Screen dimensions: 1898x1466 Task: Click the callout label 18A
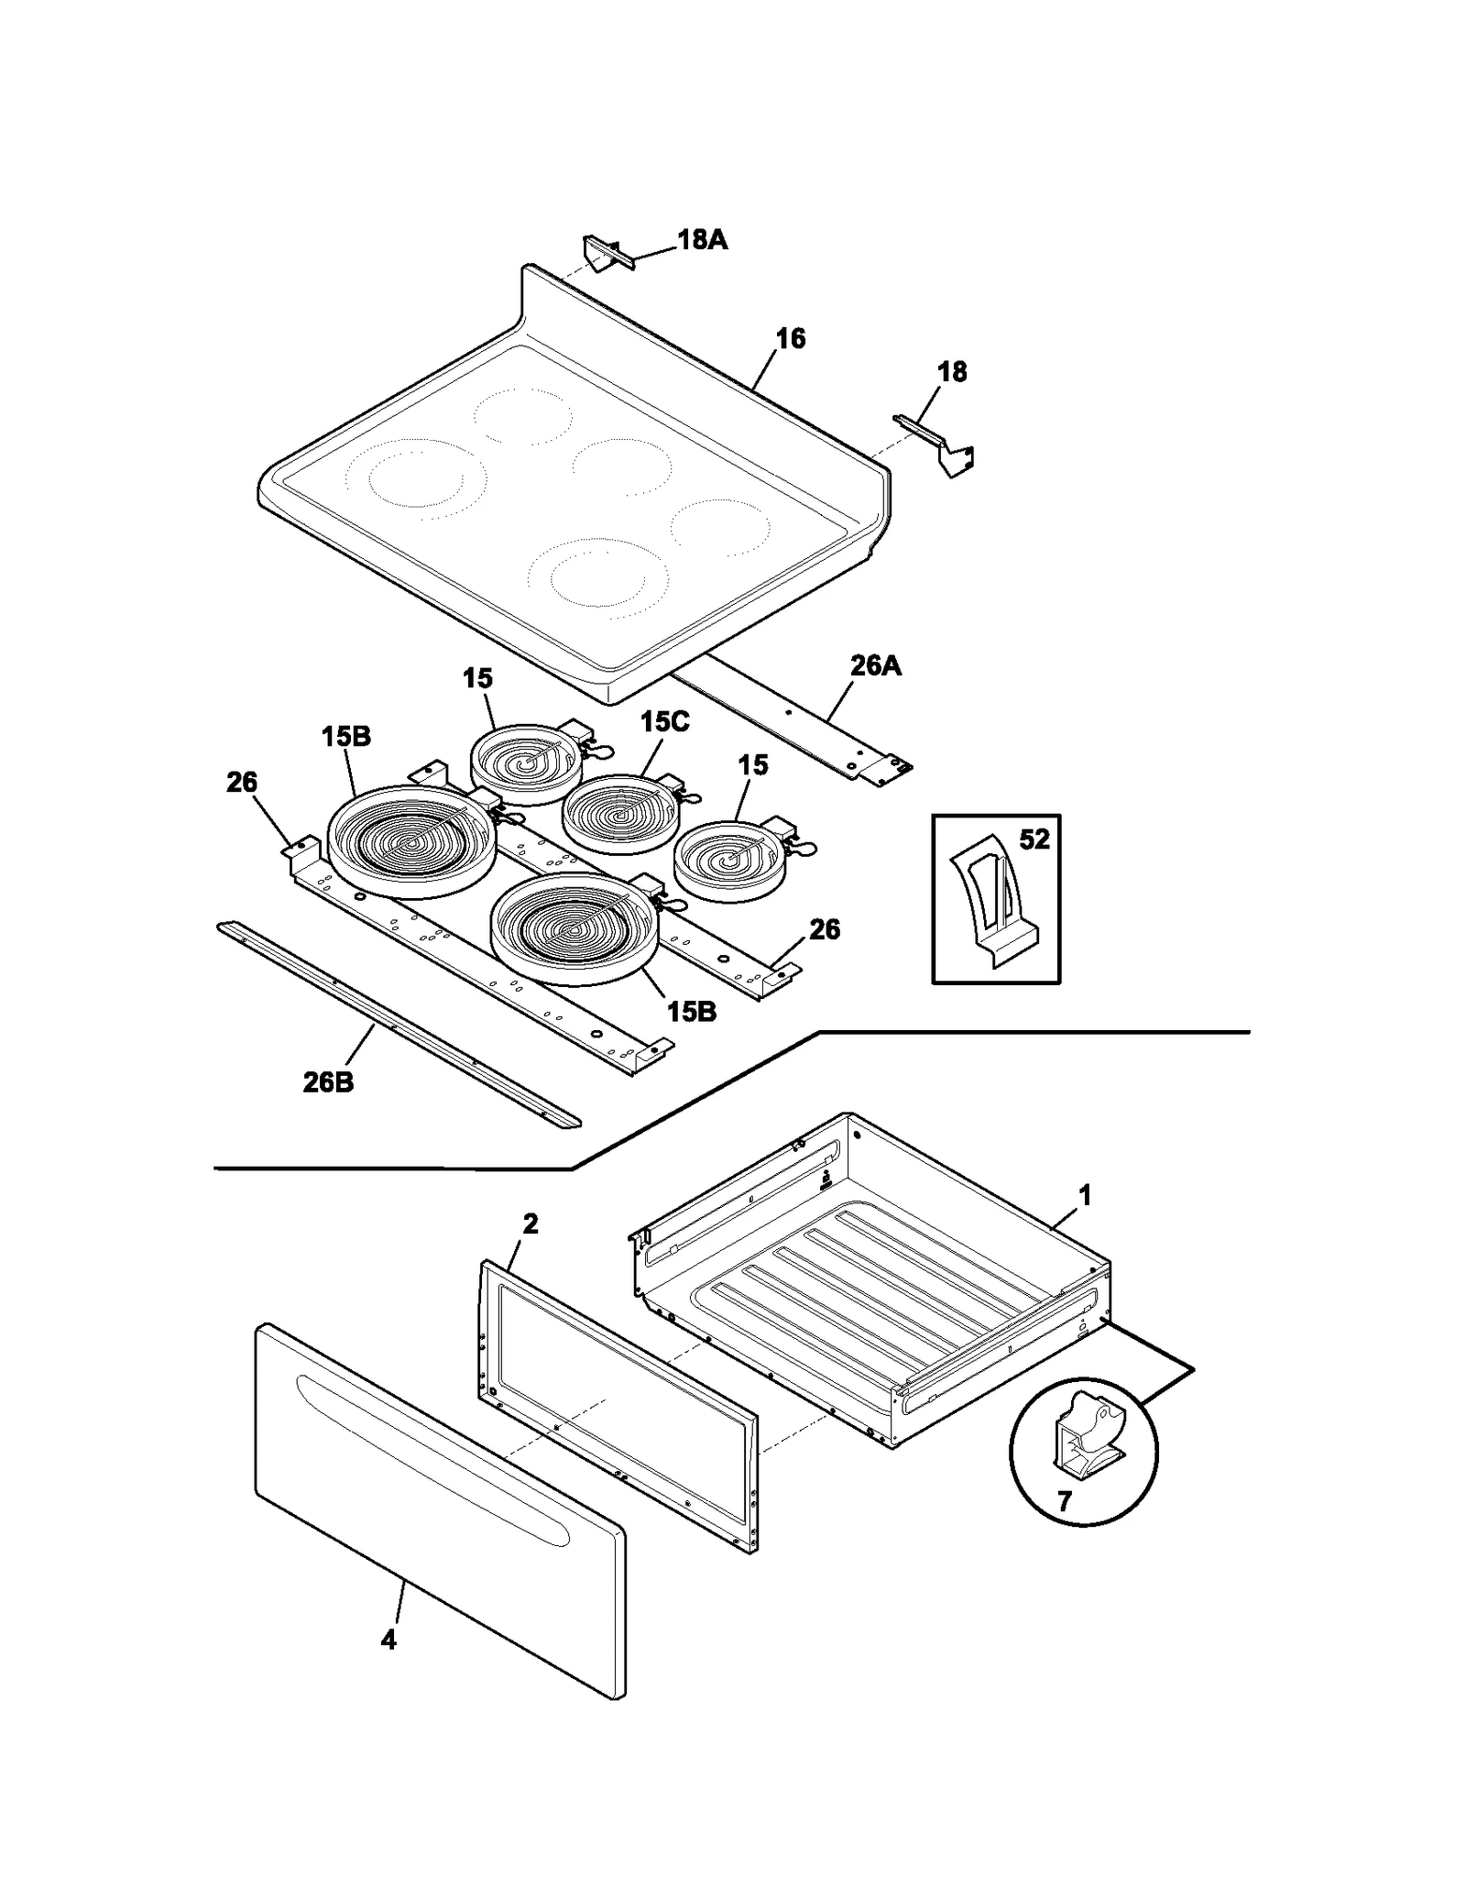point(702,240)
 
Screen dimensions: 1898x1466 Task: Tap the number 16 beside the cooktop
point(790,338)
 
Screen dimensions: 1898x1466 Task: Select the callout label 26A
point(875,665)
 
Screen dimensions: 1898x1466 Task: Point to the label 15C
point(664,721)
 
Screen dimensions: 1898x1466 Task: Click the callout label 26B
point(328,1082)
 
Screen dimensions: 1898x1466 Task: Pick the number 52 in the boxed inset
point(1034,839)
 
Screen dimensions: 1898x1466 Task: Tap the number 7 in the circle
point(1064,1501)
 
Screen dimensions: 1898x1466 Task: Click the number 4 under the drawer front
point(388,1640)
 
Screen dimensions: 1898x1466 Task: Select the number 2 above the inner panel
point(530,1223)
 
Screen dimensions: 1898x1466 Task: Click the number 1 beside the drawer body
point(1085,1195)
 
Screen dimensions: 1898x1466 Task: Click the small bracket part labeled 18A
point(604,254)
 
